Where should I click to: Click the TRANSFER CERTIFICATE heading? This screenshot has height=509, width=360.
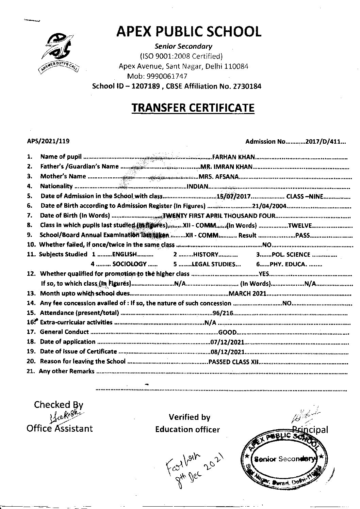[x=193, y=108]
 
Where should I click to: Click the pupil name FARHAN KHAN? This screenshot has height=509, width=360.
[x=233, y=157]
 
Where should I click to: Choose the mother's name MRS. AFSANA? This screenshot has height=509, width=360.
[x=218, y=176]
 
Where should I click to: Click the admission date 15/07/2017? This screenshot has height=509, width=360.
[x=234, y=196]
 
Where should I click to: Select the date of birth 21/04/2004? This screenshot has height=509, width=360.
[x=270, y=206]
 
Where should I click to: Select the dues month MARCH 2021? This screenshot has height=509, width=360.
[x=247, y=293]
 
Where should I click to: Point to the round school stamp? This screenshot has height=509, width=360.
[x=284, y=458]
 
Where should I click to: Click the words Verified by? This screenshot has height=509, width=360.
[x=190, y=417]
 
